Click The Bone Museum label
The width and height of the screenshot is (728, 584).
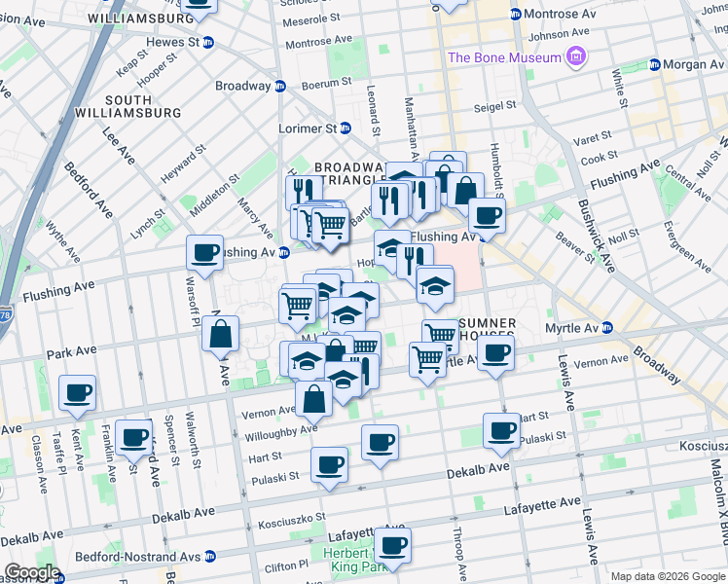point(504,57)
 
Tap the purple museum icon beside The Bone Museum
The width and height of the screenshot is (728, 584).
point(577,57)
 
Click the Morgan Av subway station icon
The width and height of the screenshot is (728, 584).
point(655,64)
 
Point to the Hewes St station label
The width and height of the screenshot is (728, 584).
point(172,43)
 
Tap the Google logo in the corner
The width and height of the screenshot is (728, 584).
point(32,572)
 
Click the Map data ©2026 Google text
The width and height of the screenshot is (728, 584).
point(668,576)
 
